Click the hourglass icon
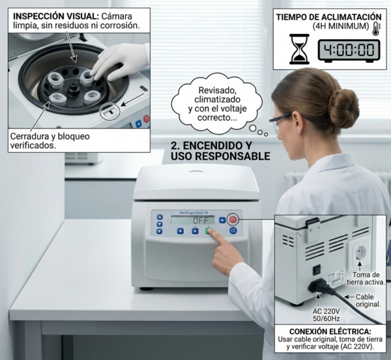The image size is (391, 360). pos(299,49)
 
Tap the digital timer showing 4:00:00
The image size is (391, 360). pos(349,51)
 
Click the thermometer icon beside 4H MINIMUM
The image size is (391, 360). pos(376,29)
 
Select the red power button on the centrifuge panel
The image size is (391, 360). pos(233,220)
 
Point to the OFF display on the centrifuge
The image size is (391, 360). pos(192,220)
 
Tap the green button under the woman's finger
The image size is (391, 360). pos(209,231)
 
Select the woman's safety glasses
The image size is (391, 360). pos(280,122)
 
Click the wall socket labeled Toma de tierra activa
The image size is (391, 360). pos(359,253)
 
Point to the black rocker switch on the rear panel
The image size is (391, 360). pos(317,270)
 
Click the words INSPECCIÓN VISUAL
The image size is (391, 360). pos(56,16)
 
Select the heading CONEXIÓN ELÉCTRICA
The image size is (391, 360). pos(330,331)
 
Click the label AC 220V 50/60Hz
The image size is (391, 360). pos(326,315)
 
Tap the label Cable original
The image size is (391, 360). pos(368,301)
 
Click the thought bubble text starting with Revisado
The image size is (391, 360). pos(217,104)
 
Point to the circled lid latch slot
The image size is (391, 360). pos(110,112)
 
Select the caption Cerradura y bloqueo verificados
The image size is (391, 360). pos(50,141)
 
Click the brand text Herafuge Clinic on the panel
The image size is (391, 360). pos(194,213)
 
